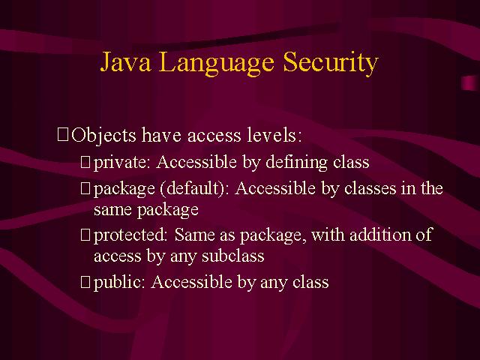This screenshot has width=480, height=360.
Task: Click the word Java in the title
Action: [x=125, y=61]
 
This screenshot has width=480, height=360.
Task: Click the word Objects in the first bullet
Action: [x=103, y=136]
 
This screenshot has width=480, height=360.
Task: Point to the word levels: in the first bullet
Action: [x=274, y=135]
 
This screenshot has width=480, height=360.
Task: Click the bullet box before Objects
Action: [x=63, y=135]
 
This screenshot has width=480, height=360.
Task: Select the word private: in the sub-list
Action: [x=121, y=163]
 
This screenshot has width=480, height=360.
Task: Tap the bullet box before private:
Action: [x=85, y=162]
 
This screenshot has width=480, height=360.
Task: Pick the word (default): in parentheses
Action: [x=194, y=188]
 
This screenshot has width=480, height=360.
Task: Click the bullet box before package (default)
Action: [x=85, y=188]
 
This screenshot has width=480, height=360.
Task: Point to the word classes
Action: [x=370, y=188]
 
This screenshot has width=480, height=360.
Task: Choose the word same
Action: [x=112, y=211]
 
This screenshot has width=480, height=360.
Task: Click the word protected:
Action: [x=130, y=235]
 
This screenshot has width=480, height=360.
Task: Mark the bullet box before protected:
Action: [x=85, y=235]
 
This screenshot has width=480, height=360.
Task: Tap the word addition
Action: [x=380, y=235]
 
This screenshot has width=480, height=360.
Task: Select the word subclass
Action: [x=233, y=256]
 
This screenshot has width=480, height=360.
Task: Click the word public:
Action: [x=119, y=282]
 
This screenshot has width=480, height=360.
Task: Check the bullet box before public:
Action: [x=85, y=282]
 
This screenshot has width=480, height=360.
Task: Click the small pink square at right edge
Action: [x=469, y=83]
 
